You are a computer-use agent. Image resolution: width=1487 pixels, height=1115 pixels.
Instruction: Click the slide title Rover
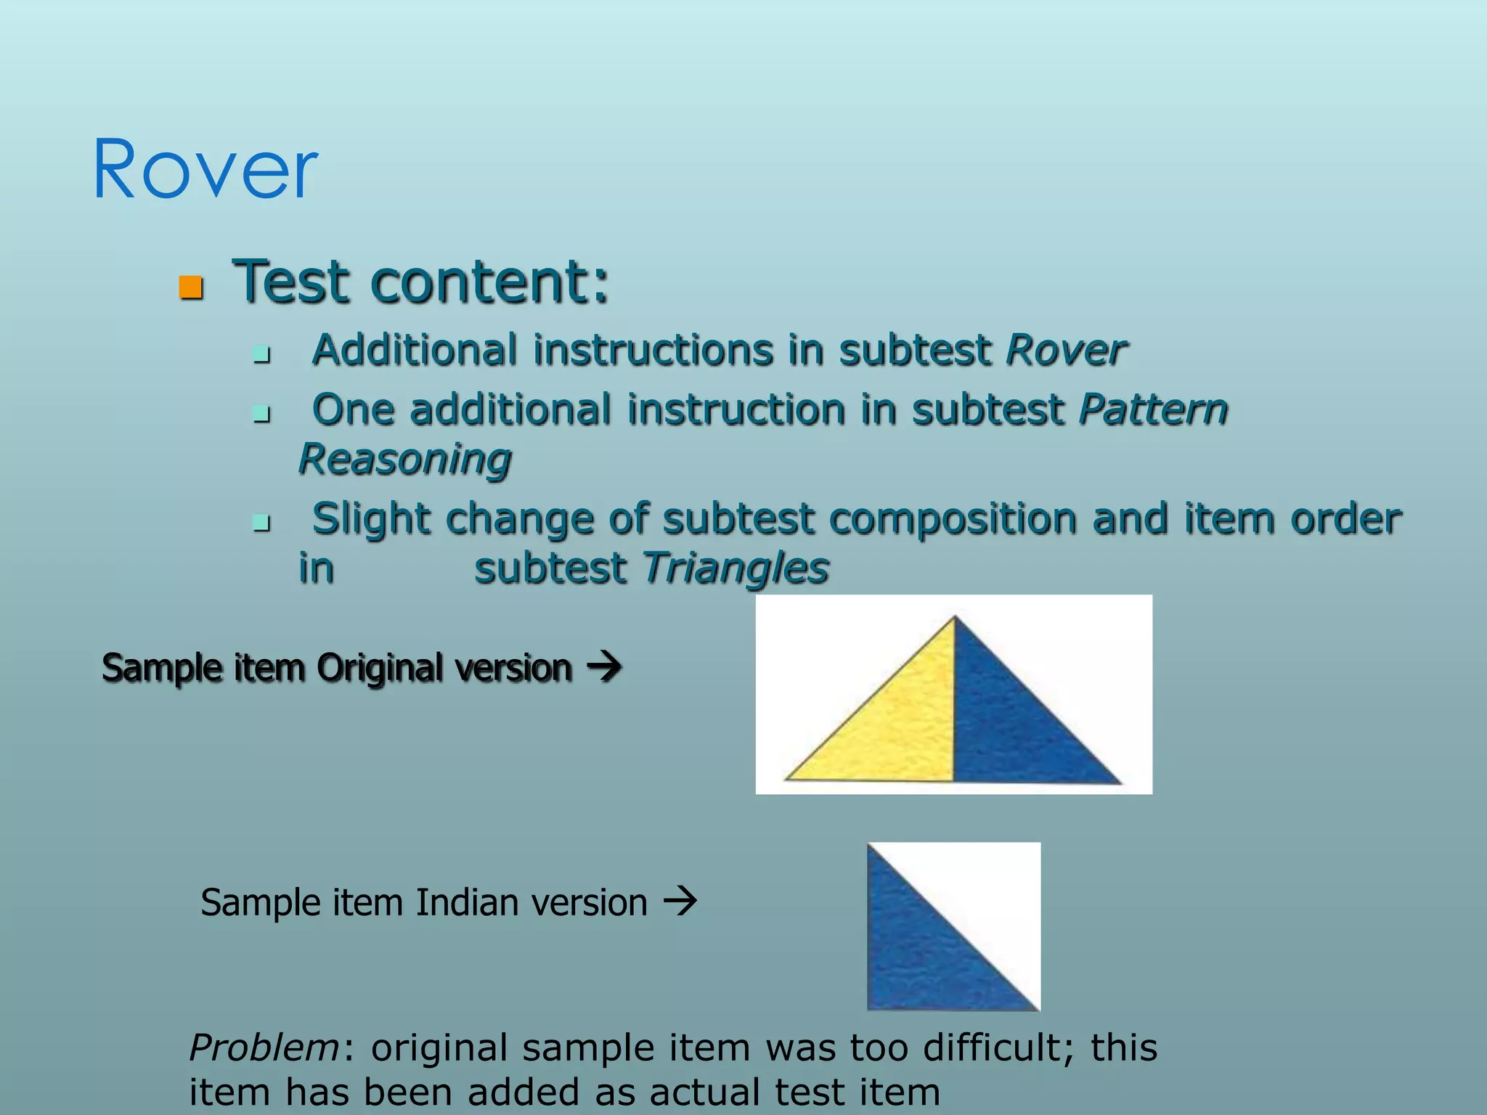[x=205, y=170]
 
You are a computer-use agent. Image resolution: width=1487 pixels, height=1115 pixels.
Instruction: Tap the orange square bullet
[x=191, y=287]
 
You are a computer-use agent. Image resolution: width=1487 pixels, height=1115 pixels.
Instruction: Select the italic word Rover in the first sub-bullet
[x=1066, y=351]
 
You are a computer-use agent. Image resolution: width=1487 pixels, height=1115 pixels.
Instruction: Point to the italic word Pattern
[x=1153, y=410]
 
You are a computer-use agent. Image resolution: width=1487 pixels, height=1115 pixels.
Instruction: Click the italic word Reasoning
[x=405, y=460]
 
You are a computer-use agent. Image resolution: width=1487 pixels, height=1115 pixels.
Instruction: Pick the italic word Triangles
[x=736, y=568]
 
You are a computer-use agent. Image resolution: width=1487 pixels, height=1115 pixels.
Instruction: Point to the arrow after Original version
[x=604, y=666]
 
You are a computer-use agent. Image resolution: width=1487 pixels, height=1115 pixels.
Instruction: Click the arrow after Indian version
[x=681, y=902]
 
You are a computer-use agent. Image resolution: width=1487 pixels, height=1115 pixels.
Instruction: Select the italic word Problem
[x=264, y=1048]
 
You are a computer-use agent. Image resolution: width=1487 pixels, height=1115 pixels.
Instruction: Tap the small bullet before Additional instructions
[x=261, y=355]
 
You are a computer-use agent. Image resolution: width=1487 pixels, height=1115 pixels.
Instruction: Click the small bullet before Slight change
[x=261, y=523]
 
